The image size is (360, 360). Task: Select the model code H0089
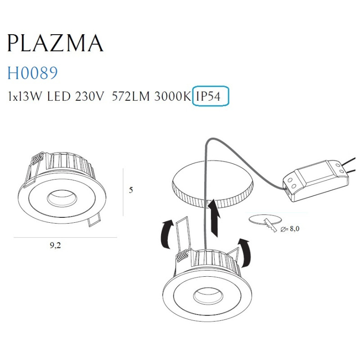[x=33, y=73]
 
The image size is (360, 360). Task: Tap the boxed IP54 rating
[x=210, y=96]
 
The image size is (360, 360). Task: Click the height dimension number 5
[x=131, y=190]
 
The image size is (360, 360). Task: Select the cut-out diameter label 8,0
[x=291, y=229]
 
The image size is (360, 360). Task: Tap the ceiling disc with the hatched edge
[x=212, y=184]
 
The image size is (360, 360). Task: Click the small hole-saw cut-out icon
[x=261, y=220]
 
